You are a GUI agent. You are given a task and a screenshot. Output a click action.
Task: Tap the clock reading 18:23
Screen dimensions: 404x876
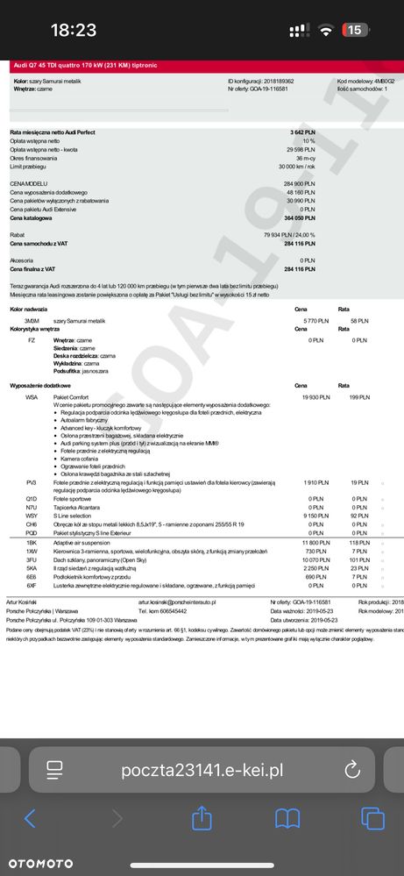(x=74, y=30)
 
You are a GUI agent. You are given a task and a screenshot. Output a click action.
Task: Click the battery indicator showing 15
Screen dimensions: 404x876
(x=355, y=30)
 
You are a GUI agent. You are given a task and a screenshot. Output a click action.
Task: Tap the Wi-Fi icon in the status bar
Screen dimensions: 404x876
(x=326, y=30)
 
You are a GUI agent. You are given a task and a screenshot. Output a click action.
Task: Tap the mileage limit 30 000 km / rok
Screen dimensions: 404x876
(x=296, y=166)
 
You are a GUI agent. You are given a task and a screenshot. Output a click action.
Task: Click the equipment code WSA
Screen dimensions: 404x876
(x=32, y=397)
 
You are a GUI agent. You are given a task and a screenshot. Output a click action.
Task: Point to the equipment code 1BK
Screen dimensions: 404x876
(x=32, y=544)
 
